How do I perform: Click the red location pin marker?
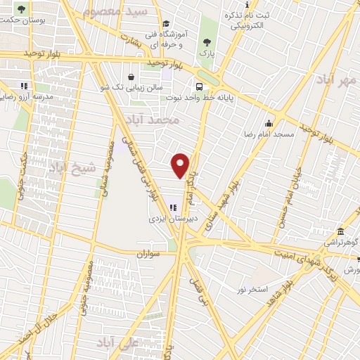click(181, 165)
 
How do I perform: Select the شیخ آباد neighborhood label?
click(67, 167)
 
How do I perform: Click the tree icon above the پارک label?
click(207, 41)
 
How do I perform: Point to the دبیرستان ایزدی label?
click(172, 219)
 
